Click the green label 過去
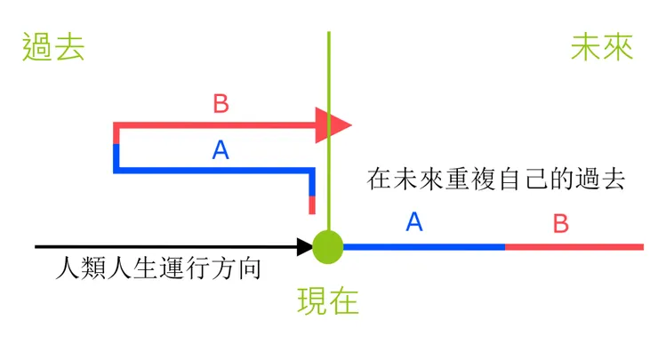[x=54, y=47]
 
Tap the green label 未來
[x=602, y=47]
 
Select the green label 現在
[x=328, y=302]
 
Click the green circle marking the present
[x=328, y=246]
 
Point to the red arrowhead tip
[x=350, y=125]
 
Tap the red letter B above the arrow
[x=221, y=104]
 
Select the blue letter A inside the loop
[x=221, y=150]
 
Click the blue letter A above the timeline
[x=413, y=222]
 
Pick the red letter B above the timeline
[x=560, y=222]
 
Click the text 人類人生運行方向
[x=158, y=268]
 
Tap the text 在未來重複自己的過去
[x=497, y=179]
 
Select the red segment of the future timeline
[x=574, y=246]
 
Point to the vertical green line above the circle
[x=329, y=71]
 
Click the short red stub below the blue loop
[x=312, y=204]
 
